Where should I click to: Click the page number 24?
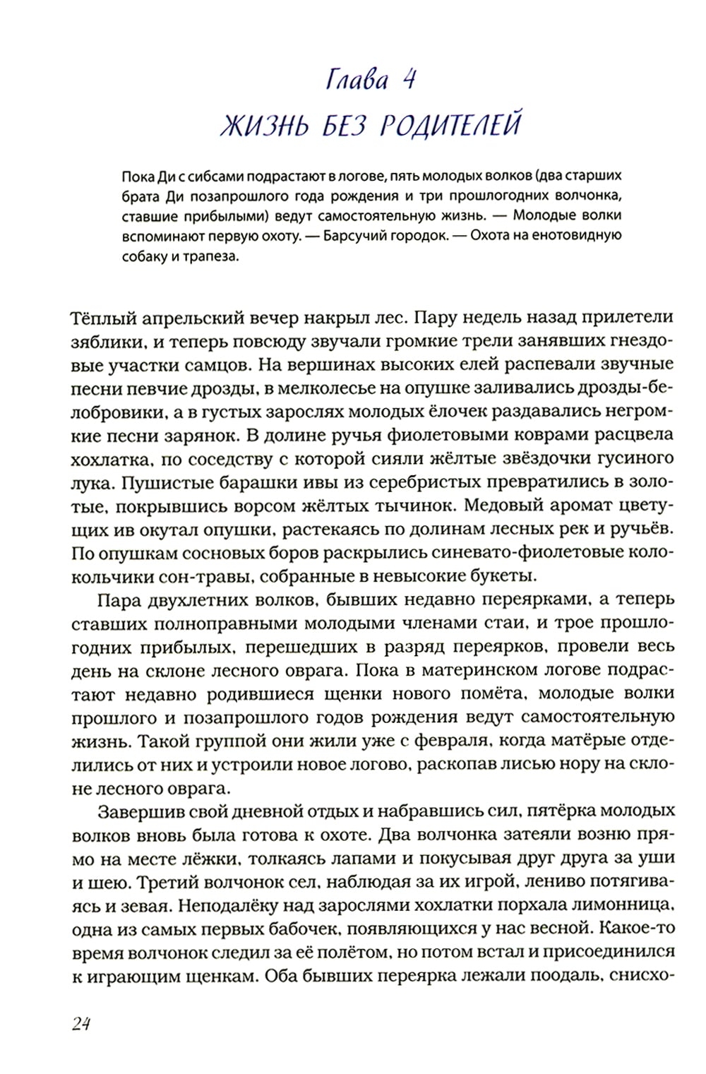(x=81, y=1025)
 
